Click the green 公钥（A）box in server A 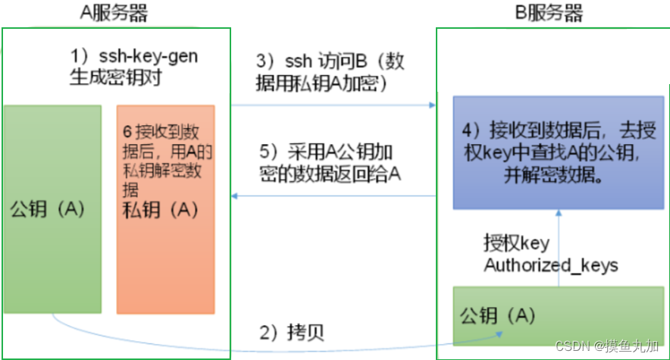(x=52, y=208)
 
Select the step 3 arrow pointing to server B (x=333, y=106)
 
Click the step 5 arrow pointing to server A (x=333, y=196)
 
